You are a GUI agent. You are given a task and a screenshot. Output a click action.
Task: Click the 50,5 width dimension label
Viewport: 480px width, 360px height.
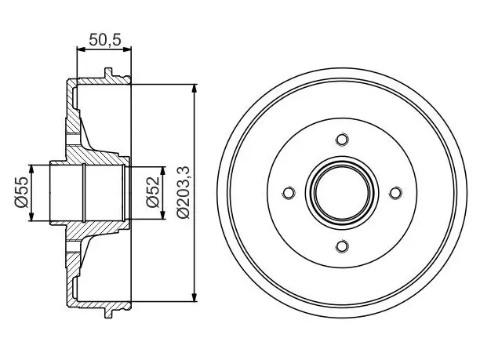[105, 40]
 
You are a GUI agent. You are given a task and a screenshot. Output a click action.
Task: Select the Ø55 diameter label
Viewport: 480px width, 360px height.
[21, 192]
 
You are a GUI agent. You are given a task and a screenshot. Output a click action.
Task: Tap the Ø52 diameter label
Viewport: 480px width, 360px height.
[153, 192]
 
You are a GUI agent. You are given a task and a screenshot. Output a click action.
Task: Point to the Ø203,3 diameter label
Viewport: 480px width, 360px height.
[184, 192]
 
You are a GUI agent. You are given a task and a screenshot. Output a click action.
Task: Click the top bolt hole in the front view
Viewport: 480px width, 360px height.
[342, 140]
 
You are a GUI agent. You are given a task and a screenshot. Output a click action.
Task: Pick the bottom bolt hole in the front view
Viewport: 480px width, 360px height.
[342, 246]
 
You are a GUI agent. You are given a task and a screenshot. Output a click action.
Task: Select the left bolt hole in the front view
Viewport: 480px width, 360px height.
[289, 193]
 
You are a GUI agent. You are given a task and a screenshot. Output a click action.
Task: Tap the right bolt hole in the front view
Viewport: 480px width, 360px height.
[395, 193]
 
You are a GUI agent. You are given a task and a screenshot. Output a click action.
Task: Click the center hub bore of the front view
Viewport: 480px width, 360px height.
[342, 193]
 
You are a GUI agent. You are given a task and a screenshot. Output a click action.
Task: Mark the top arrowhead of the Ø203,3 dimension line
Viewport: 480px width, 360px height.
[195, 88]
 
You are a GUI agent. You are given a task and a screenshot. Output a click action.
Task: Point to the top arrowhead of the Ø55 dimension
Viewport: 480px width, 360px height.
[31, 169]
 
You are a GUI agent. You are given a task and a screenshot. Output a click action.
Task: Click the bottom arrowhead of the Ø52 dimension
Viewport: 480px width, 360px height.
[163, 215]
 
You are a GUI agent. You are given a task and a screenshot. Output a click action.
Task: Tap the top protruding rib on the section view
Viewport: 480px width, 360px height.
[108, 73]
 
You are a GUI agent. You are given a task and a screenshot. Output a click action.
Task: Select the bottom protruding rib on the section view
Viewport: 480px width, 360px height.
[108, 313]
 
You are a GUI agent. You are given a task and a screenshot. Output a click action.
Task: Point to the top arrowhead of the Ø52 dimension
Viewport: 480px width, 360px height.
[163, 171]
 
